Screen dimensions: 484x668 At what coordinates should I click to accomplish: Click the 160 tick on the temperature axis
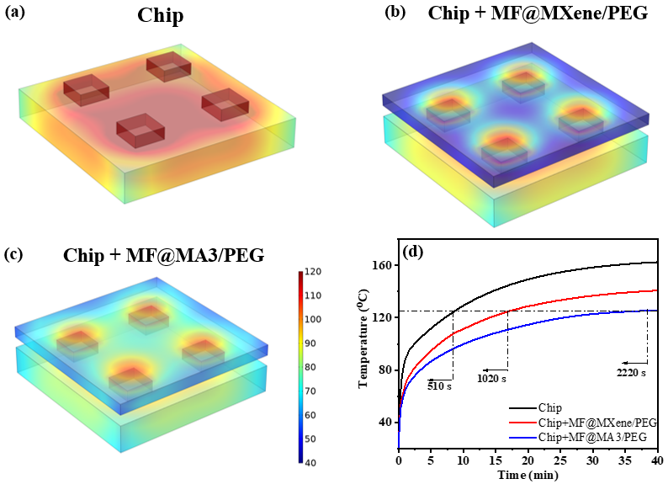coord(384,265)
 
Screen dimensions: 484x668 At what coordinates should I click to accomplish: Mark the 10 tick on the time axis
coord(463,462)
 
